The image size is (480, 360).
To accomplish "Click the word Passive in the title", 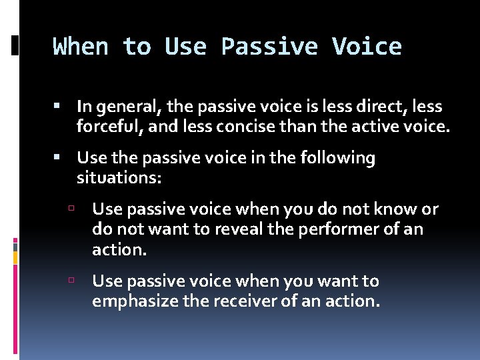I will pos(270,47).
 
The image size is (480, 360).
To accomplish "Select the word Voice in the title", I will pos(367,47).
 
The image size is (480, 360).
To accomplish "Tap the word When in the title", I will pos(81,47).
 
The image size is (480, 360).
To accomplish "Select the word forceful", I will pos(107,126).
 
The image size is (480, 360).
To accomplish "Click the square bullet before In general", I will pos(57,106).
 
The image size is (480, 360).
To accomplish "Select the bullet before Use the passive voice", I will pos(57,158).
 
